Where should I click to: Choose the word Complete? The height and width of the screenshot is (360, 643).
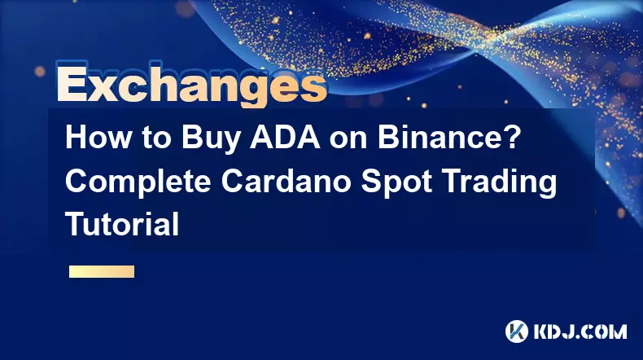tap(138, 182)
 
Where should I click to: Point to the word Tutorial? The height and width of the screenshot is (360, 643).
tap(122, 224)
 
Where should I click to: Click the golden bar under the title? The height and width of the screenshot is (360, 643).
tap(102, 271)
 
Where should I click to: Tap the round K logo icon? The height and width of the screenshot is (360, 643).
tap(516, 331)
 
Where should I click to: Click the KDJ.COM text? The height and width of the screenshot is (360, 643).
tap(580, 331)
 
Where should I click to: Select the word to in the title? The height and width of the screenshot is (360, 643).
tap(156, 138)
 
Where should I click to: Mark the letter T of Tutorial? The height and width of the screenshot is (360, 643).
tap(76, 224)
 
